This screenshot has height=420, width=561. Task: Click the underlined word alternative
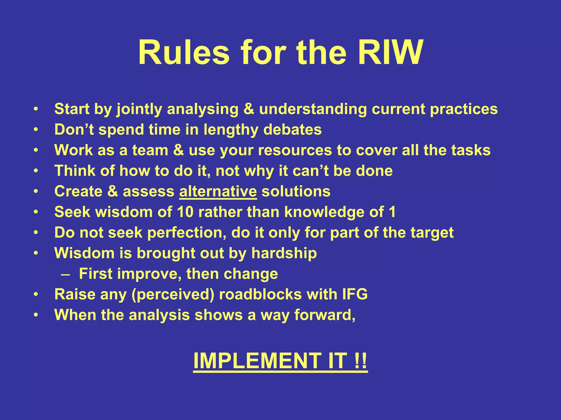[218, 191]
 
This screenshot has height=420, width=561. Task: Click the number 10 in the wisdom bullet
[185, 212]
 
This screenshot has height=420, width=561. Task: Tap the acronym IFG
[355, 294]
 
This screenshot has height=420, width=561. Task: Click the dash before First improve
[66, 274]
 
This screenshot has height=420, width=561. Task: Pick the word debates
[292, 130]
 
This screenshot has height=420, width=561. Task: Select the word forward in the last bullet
[325, 315]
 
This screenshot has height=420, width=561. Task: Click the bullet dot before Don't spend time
[36, 130]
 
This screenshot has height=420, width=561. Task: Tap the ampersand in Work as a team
[178, 150]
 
